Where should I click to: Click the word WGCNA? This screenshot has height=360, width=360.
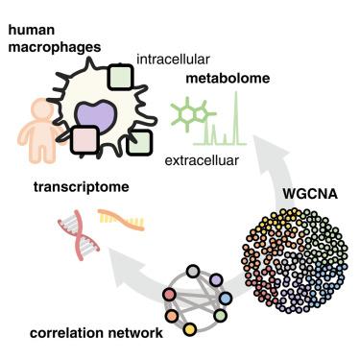310,194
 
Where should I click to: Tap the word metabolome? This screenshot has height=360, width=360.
228,78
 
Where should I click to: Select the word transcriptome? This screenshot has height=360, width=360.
82,187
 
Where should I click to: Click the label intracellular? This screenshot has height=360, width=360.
173,60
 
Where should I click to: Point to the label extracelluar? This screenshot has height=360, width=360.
202,160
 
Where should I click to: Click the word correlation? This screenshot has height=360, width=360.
66,333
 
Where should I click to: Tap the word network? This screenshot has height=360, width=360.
135,333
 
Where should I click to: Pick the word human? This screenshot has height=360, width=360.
32,30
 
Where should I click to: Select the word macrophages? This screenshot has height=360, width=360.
55,48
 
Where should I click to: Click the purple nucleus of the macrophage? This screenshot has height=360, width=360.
95,116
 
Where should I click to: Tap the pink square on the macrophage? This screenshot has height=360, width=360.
84,140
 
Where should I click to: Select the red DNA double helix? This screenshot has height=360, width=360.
79,235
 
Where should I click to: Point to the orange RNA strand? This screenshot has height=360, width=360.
122,219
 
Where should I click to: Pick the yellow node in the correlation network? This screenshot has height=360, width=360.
189,328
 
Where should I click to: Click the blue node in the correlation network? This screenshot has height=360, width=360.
226,299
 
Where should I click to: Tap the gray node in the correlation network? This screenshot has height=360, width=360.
193,272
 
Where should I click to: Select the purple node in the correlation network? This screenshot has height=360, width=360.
216,280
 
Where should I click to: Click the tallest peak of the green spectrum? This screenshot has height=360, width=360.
236,93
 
